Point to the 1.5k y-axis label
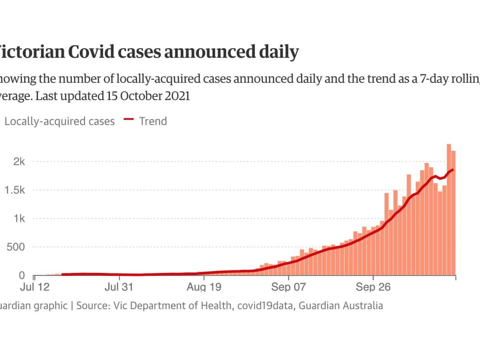15,190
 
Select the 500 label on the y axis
16,247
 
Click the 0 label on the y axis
22,276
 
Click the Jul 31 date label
120,288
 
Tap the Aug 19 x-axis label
204,288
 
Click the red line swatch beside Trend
129,119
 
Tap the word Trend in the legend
153,121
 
